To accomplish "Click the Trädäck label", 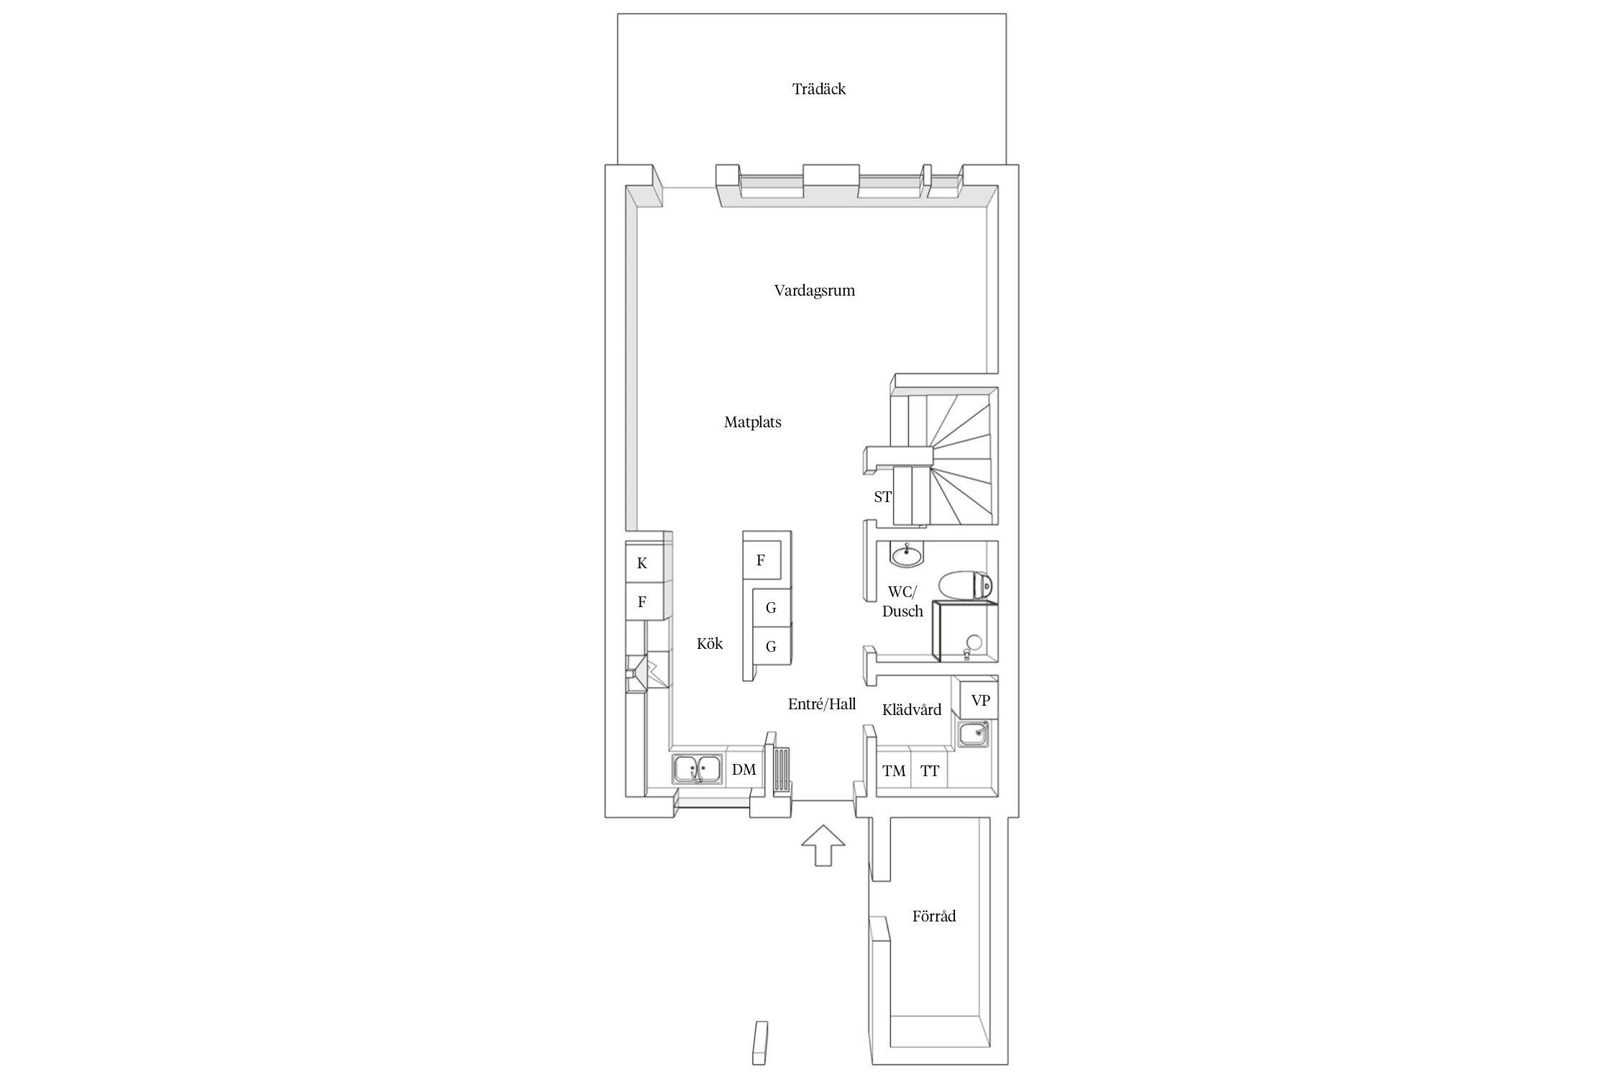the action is (818, 89).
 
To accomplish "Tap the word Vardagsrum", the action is (814, 291).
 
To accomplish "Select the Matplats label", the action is (752, 422).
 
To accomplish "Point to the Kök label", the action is (710, 643).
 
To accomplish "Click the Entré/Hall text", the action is (822, 704).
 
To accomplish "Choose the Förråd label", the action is (934, 916).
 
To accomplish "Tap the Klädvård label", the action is (912, 710).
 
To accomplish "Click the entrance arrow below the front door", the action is (823, 846).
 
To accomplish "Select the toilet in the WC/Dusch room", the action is (966, 584).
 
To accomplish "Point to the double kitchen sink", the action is (194, 769).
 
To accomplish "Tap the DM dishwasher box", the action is (744, 770).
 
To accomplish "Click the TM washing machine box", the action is (894, 771).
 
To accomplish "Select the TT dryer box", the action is (930, 771).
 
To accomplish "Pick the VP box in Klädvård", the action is (979, 700).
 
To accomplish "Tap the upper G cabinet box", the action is (771, 608).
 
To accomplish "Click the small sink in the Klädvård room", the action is (973, 734).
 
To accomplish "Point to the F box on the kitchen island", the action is (762, 560).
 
